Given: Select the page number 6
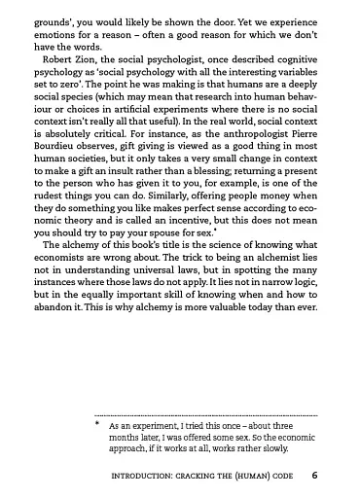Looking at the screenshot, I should [x=314, y=476].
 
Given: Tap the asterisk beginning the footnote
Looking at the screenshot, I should [x=97, y=425].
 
